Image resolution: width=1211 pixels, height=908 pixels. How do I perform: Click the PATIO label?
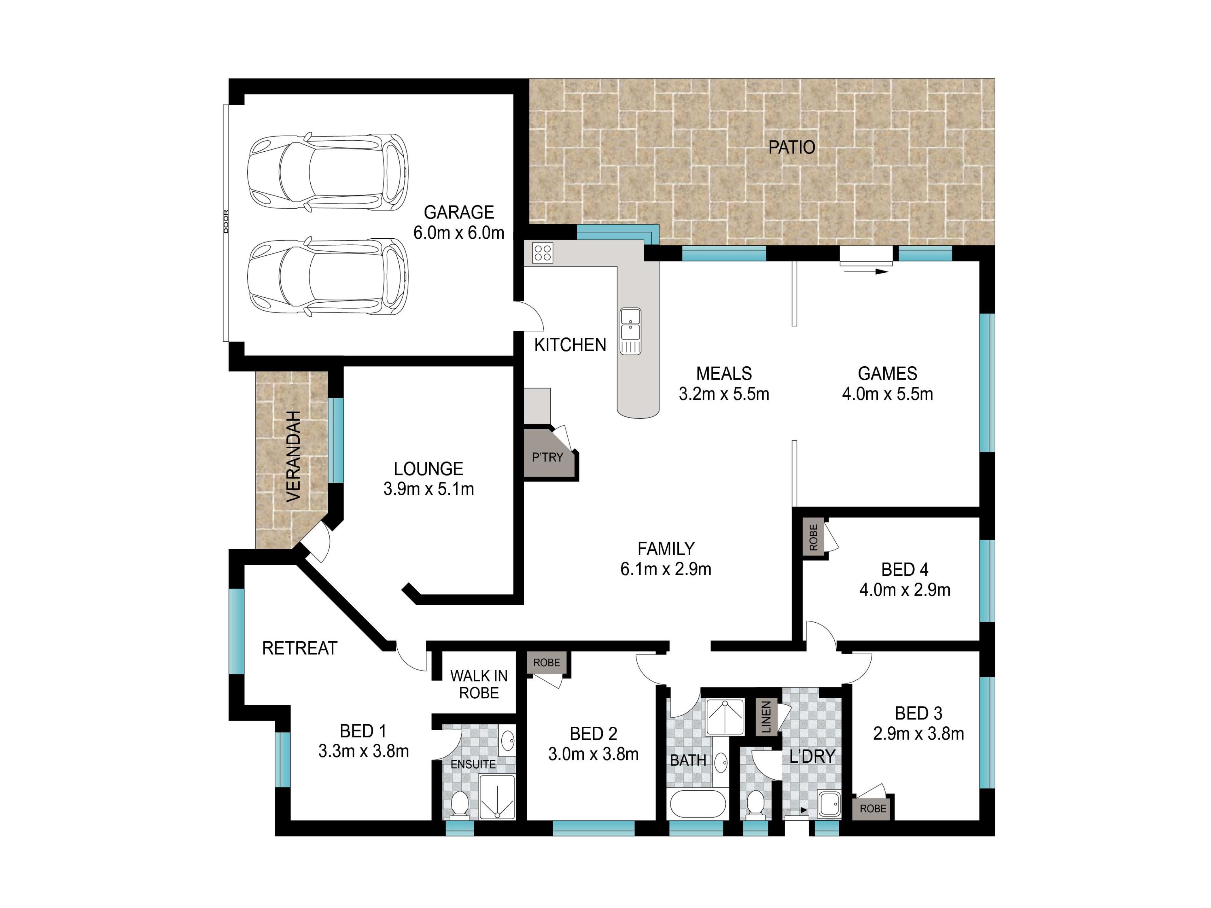pos(792,147)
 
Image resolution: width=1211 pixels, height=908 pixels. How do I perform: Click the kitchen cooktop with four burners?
pos(542,253)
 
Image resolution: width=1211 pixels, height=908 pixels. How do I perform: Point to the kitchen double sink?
pos(630,331)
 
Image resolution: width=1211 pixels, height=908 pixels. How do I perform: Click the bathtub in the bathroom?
pos(698,803)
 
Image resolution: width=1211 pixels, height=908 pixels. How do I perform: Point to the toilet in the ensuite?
pos(460,805)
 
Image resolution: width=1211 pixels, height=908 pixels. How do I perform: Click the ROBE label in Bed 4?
pos(813,538)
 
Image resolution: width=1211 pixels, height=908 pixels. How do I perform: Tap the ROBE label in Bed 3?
pos(873,808)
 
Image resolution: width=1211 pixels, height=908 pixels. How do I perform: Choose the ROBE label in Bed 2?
pos(547,663)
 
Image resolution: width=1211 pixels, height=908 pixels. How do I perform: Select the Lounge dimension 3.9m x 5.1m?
pos(429,489)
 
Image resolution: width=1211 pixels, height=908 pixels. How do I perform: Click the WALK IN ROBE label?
pos(479,684)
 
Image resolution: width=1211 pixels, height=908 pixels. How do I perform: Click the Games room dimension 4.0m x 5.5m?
pos(887,393)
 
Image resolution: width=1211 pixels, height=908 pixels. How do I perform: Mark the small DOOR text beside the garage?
pos(226,222)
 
